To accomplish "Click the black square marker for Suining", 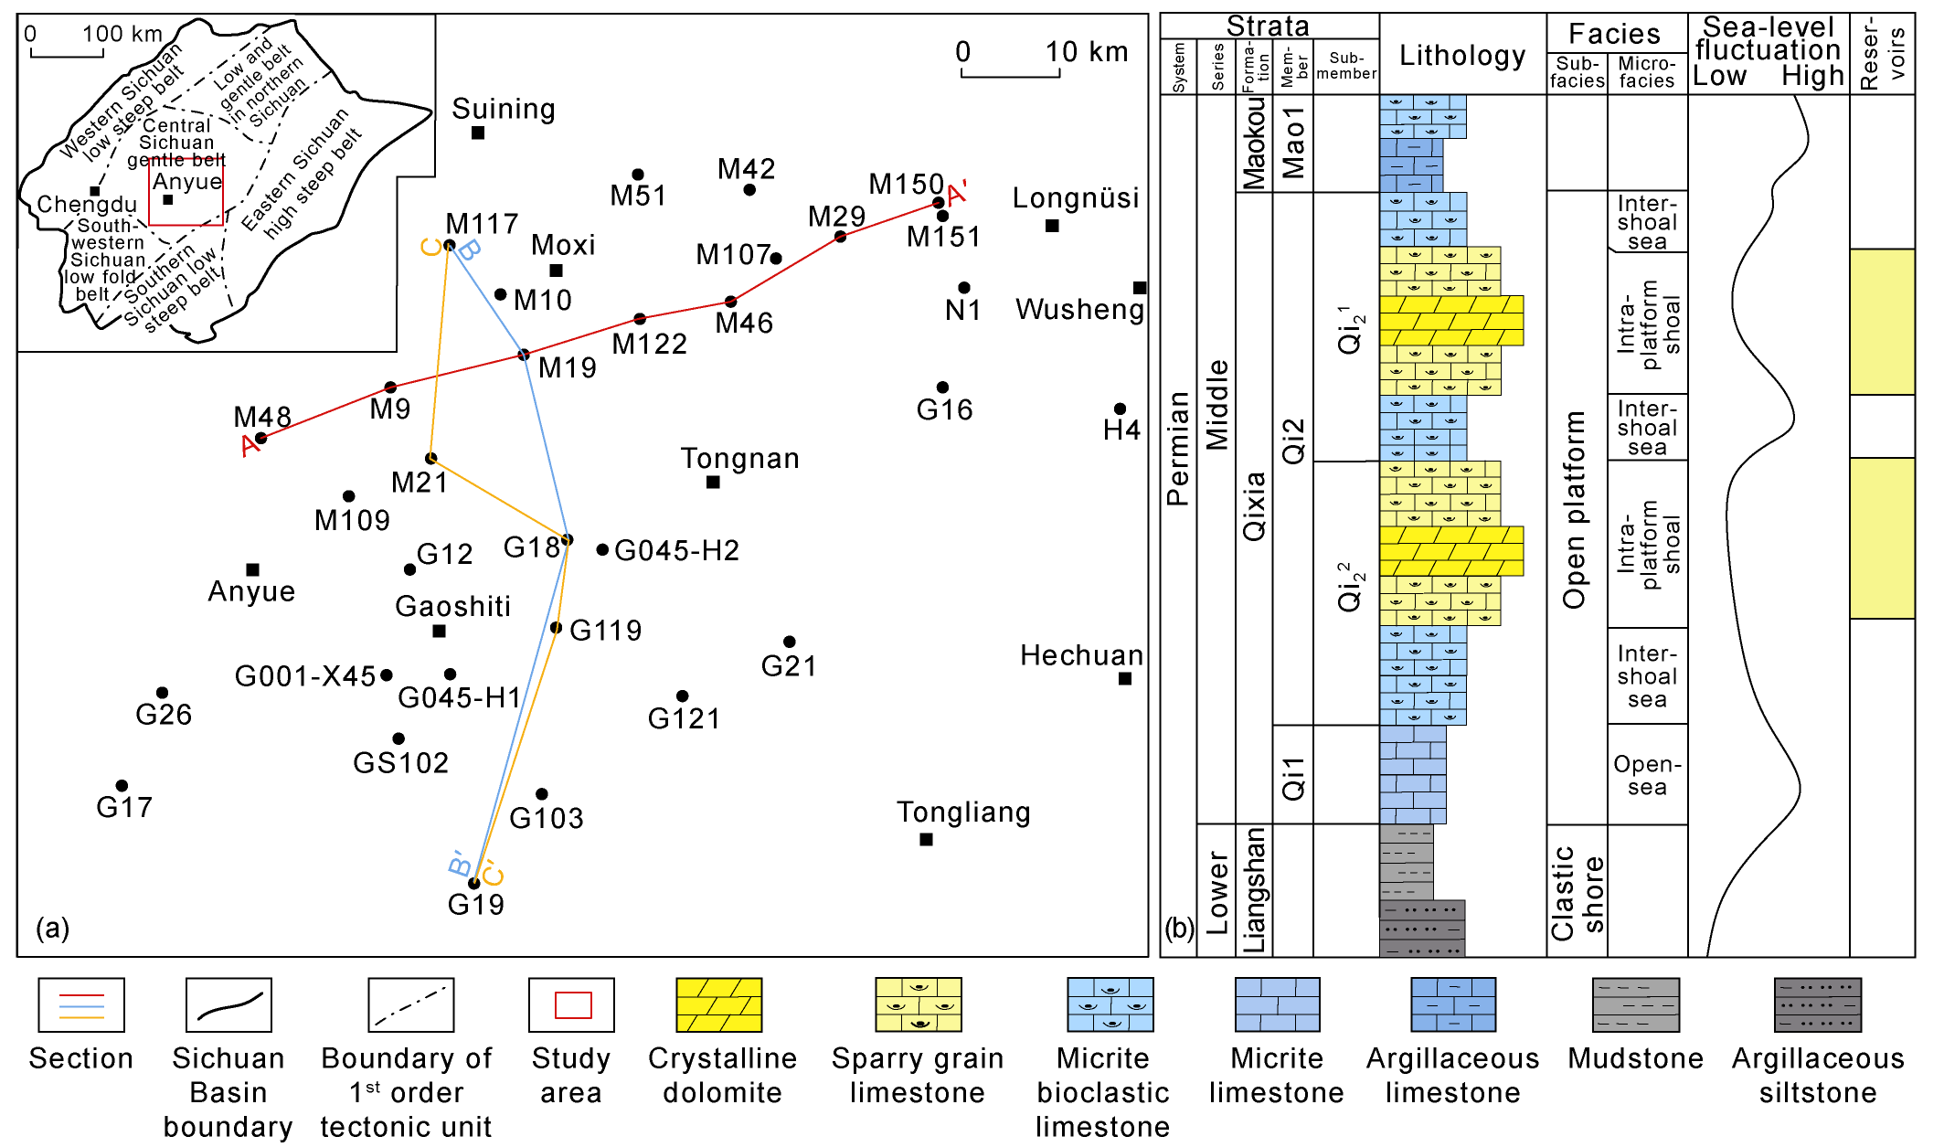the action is tap(478, 133).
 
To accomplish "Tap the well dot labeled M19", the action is tap(524, 355).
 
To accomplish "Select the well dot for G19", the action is tap(473, 883).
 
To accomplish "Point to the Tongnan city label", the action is tap(740, 458).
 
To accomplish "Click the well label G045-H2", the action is tap(676, 550).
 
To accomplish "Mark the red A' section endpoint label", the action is tap(958, 193).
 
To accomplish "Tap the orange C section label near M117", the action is tap(431, 247).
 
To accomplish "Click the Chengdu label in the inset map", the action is tap(87, 204).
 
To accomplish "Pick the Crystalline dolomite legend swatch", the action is tap(718, 1004).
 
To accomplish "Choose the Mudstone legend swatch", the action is tap(1636, 1004).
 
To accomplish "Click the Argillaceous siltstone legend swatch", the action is tap(1817, 1004).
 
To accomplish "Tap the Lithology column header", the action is tap(1462, 56).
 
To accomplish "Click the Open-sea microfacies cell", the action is tap(1647, 775).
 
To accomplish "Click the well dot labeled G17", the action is tap(122, 786).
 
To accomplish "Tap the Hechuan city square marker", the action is tap(1125, 678).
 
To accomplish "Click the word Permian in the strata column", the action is tap(1178, 449).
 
